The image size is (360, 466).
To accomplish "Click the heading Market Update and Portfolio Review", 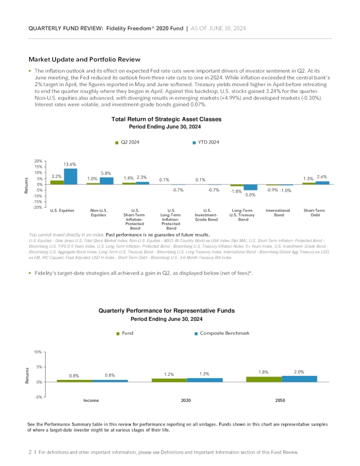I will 84,59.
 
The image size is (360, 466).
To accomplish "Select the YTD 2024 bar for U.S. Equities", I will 70,177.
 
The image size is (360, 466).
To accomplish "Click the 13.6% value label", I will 70,164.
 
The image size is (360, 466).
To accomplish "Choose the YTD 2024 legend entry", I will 207,142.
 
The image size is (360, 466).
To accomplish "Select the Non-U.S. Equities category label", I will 98,212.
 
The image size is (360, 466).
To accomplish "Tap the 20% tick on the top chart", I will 38,161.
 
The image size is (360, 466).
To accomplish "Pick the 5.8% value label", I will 106,173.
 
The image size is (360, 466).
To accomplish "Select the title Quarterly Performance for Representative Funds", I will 166,311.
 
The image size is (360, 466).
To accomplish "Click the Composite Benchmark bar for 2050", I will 299,379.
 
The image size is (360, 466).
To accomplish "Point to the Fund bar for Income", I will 74,380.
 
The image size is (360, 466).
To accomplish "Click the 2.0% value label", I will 299,372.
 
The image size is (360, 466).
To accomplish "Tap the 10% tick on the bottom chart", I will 38,352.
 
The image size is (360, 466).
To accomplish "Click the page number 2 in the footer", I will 30,452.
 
